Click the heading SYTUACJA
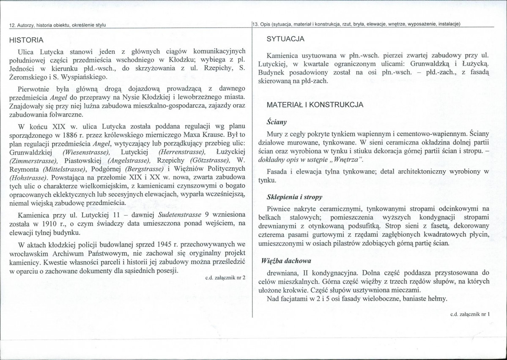click(285, 39)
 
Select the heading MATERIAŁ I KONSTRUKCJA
click(315, 105)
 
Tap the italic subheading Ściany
click(277, 122)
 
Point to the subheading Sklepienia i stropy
click(295, 197)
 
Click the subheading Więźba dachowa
click(290, 261)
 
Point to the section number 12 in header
click(12, 25)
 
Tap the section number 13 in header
click(255, 24)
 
